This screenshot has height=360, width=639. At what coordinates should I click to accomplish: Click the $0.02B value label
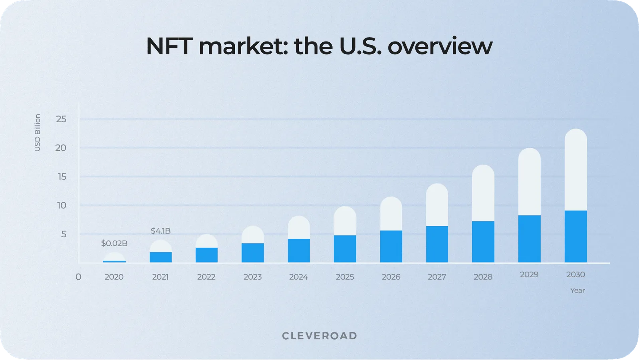(114, 243)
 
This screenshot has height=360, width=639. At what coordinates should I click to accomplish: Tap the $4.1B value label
(161, 231)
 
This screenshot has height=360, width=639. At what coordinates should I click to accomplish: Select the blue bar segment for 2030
(575, 236)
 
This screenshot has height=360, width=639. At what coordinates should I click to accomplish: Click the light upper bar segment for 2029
(529, 182)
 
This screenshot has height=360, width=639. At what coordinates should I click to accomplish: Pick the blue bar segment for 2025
(345, 249)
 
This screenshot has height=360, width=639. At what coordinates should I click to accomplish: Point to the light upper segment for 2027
(437, 205)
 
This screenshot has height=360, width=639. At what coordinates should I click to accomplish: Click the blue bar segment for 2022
(206, 255)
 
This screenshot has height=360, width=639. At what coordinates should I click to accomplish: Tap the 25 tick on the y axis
(61, 119)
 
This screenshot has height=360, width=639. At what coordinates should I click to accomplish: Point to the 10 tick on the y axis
(62, 205)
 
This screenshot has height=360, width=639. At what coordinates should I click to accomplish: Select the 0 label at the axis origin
(78, 277)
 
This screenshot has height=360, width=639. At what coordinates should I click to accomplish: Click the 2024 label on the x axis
(298, 277)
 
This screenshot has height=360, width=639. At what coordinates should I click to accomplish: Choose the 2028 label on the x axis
(483, 277)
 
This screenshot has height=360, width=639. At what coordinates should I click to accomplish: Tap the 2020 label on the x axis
(114, 277)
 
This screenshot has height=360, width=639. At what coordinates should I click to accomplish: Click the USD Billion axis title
(38, 133)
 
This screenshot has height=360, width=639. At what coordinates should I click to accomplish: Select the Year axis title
(577, 290)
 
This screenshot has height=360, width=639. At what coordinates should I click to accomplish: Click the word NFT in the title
(169, 46)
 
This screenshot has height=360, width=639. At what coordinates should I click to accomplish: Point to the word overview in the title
(440, 46)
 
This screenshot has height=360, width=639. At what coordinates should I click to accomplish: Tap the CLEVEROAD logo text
(319, 336)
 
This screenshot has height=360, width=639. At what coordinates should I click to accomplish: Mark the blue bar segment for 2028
(483, 242)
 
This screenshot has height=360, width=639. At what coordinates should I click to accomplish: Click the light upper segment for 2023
(252, 235)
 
